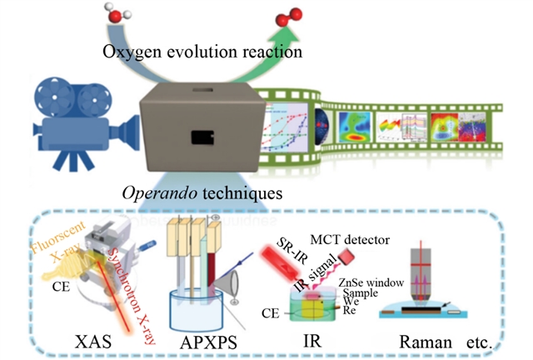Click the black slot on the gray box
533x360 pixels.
tap(201, 137)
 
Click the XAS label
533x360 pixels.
tap(94, 340)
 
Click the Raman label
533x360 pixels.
tap(430, 340)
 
